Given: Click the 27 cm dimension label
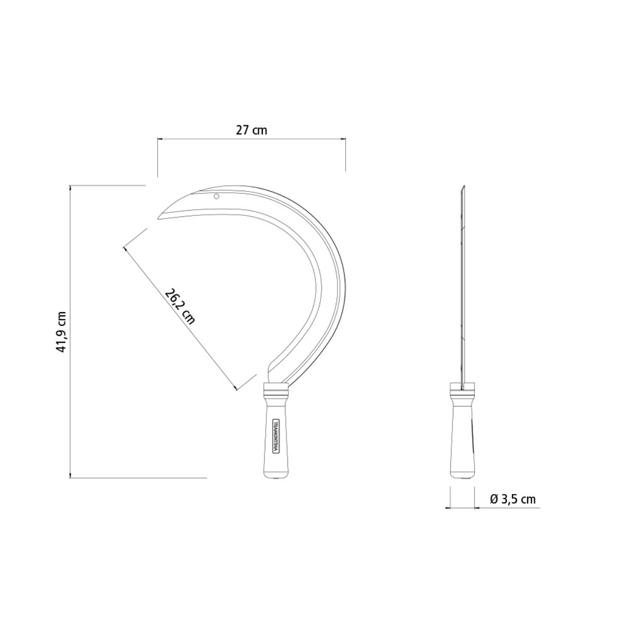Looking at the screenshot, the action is [251, 130].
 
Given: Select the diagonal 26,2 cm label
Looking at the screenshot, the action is [179, 306].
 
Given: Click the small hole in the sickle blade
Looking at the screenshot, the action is [216, 196].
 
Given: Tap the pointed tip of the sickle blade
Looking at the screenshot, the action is [158, 219].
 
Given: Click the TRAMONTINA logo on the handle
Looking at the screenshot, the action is [276, 436].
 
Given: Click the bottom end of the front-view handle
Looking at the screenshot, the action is [276, 479].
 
